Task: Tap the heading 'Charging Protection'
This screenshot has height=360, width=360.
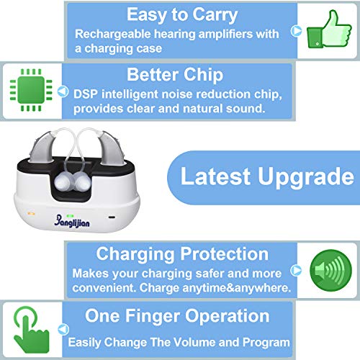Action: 182,253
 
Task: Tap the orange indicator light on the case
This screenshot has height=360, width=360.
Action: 32,213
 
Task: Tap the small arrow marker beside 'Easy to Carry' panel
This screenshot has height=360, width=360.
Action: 295,31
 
